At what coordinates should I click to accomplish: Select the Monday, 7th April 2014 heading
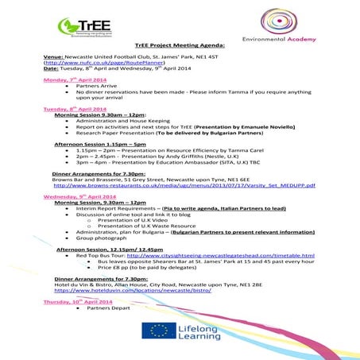[77, 81]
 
